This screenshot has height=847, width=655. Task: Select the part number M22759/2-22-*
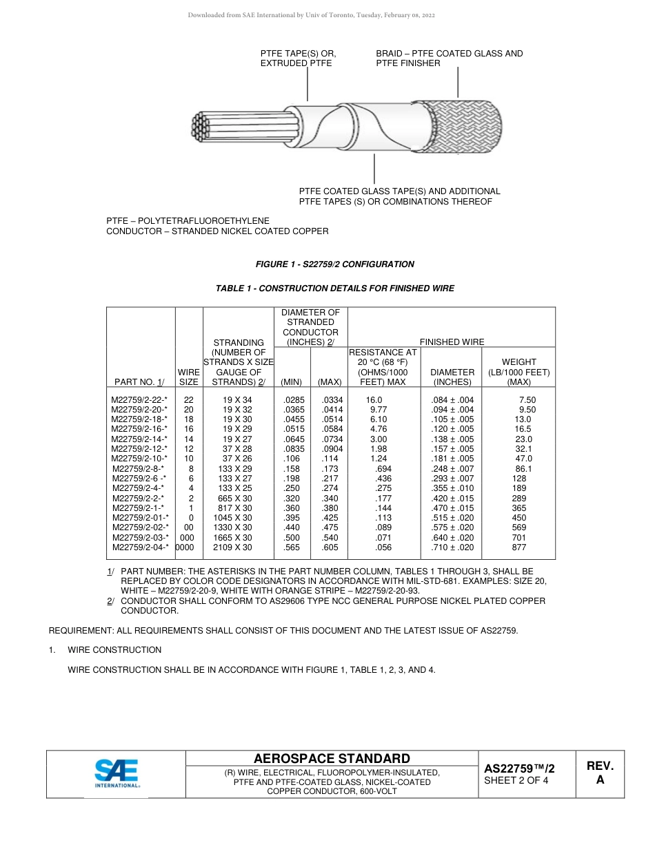coord(139,400)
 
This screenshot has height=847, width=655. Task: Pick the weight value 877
coord(518,547)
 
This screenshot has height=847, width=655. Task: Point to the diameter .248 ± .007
coord(452,469)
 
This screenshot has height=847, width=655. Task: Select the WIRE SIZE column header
coord(189,377)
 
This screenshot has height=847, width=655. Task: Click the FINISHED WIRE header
coord(452,342)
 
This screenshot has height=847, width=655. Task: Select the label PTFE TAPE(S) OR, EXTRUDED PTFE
coord(298,59)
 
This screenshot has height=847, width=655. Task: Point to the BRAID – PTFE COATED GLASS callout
coord(449,59)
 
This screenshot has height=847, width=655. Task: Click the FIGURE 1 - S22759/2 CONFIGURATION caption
coord(334,264)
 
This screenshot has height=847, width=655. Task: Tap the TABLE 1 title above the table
coord(334,289)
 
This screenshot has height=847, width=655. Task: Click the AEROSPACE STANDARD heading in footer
coord(331,758)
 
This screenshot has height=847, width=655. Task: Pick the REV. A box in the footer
coord(599,773)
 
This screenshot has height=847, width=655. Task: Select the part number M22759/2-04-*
coord(139,547)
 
